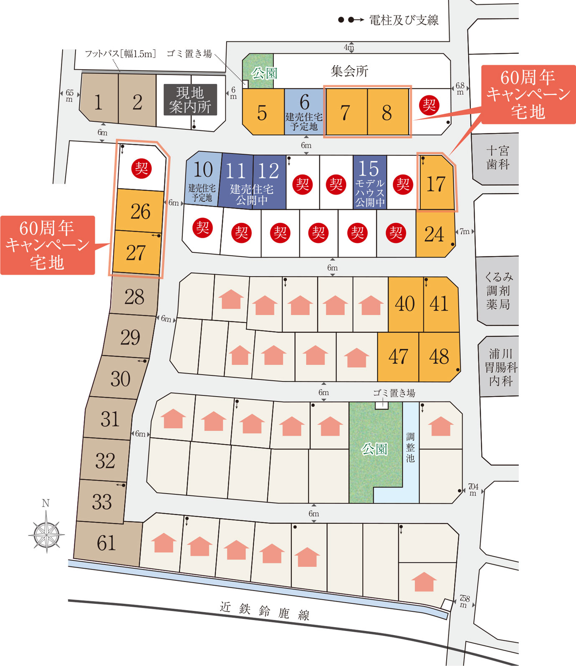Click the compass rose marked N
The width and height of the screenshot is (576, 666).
point(46,534)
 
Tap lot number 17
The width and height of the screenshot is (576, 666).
point(436,184)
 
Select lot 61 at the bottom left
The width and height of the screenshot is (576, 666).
point(106,543)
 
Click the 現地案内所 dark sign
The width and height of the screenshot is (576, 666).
point(190,100)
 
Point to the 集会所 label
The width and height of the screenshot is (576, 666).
point(349,71)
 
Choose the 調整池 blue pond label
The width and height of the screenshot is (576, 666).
point(410,447)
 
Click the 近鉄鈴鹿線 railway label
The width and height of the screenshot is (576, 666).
point(265,610)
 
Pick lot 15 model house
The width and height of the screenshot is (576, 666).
point(370,182)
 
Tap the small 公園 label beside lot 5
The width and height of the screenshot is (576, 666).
point(264,73)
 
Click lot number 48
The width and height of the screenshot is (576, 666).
point(439,357)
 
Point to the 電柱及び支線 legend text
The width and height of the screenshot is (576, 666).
point(404,20)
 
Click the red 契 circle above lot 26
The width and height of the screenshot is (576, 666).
point(141,169)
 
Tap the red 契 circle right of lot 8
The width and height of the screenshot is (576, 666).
point(429,105)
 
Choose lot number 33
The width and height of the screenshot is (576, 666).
point(102,502)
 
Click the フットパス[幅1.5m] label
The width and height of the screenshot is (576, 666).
point(120,54)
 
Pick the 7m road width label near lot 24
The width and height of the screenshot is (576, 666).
point(465,231)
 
